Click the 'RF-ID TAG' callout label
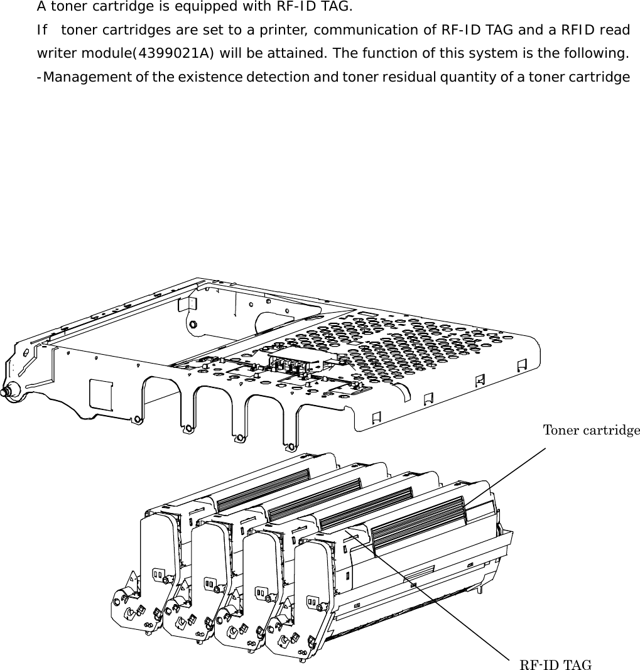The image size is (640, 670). [x=555, y=665]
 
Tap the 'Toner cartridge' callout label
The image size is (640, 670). [x=591, y=430]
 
